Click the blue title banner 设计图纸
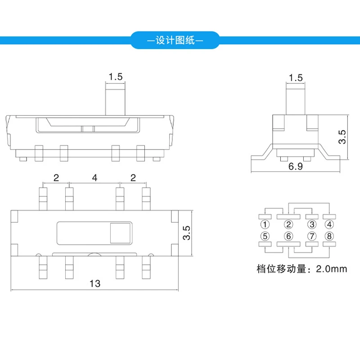175,40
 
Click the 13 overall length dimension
95,283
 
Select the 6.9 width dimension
295,167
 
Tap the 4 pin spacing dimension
94,178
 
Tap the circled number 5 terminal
265,235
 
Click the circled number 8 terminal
330,235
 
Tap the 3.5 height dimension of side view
342,137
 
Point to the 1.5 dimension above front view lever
115,76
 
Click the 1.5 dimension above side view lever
295,77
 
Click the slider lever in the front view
115,99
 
